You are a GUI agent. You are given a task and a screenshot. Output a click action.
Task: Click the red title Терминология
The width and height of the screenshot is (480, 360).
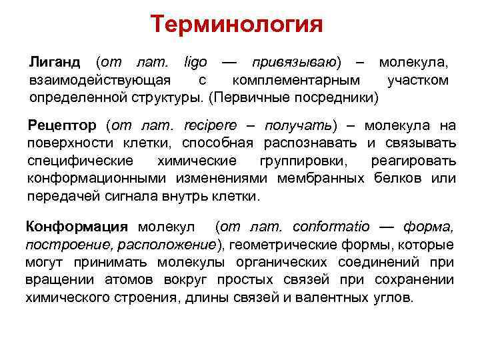coord(237,25)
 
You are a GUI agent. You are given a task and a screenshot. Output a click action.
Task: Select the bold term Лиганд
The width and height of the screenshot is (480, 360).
coord(55,63)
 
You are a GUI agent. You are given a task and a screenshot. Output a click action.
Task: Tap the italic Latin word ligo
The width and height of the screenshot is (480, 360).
coord(195,63)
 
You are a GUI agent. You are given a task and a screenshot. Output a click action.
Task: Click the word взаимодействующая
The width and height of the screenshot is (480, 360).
coord(97,81)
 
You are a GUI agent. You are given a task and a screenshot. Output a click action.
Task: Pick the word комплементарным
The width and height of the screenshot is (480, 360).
coord(296,81)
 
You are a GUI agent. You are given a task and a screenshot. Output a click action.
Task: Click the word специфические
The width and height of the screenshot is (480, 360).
coord(80,161)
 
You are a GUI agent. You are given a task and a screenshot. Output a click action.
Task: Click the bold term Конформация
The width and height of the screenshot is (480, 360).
coord(77,226)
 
